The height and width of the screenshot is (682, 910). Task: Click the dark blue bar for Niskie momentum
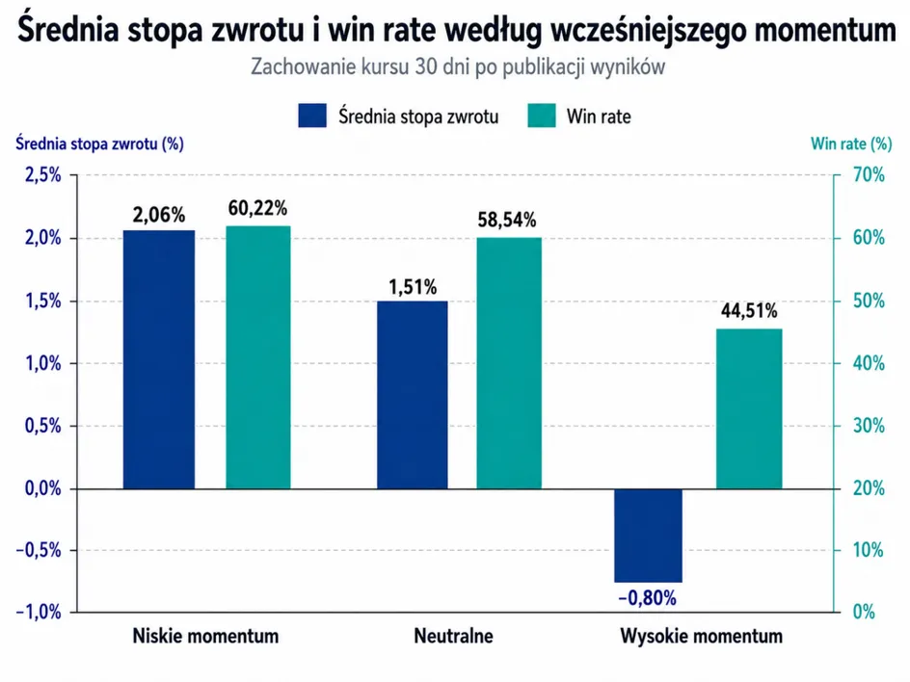[x=159, y=359]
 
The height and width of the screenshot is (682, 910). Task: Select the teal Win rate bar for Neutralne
[x=509, y=363]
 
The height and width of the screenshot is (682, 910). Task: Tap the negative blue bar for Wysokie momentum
[x=648, y=536]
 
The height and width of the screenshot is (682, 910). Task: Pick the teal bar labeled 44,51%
[x=749, y=408]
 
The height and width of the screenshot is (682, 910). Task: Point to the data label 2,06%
[x=159, y=215]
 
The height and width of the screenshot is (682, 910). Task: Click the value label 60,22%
[x=257, y=208]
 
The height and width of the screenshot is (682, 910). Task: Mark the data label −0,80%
[x=647, y=598]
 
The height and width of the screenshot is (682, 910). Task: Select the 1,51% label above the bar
[x=413, y=286]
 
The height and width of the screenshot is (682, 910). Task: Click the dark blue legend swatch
[x=312, y=116]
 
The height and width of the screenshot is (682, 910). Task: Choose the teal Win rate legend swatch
[x=542, y=116]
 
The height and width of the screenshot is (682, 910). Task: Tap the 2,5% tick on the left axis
[x=43, y=174]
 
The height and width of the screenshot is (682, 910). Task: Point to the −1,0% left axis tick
[x=39, y=612]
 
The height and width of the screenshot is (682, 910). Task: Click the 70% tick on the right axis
[x=869, y=174]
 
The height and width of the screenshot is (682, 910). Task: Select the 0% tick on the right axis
[x=864, y=612]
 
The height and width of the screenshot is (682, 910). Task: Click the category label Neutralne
[x=454, y=636]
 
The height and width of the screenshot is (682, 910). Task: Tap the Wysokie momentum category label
[x=701, y=636]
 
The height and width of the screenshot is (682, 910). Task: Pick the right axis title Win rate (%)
[x=851, y=144]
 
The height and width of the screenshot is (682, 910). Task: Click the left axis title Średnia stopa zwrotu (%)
[x=100, y=144]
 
